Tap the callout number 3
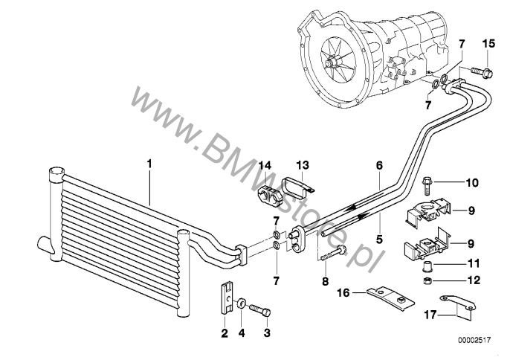[266, 333]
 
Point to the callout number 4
[242, 333]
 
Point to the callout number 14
[265, 164]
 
